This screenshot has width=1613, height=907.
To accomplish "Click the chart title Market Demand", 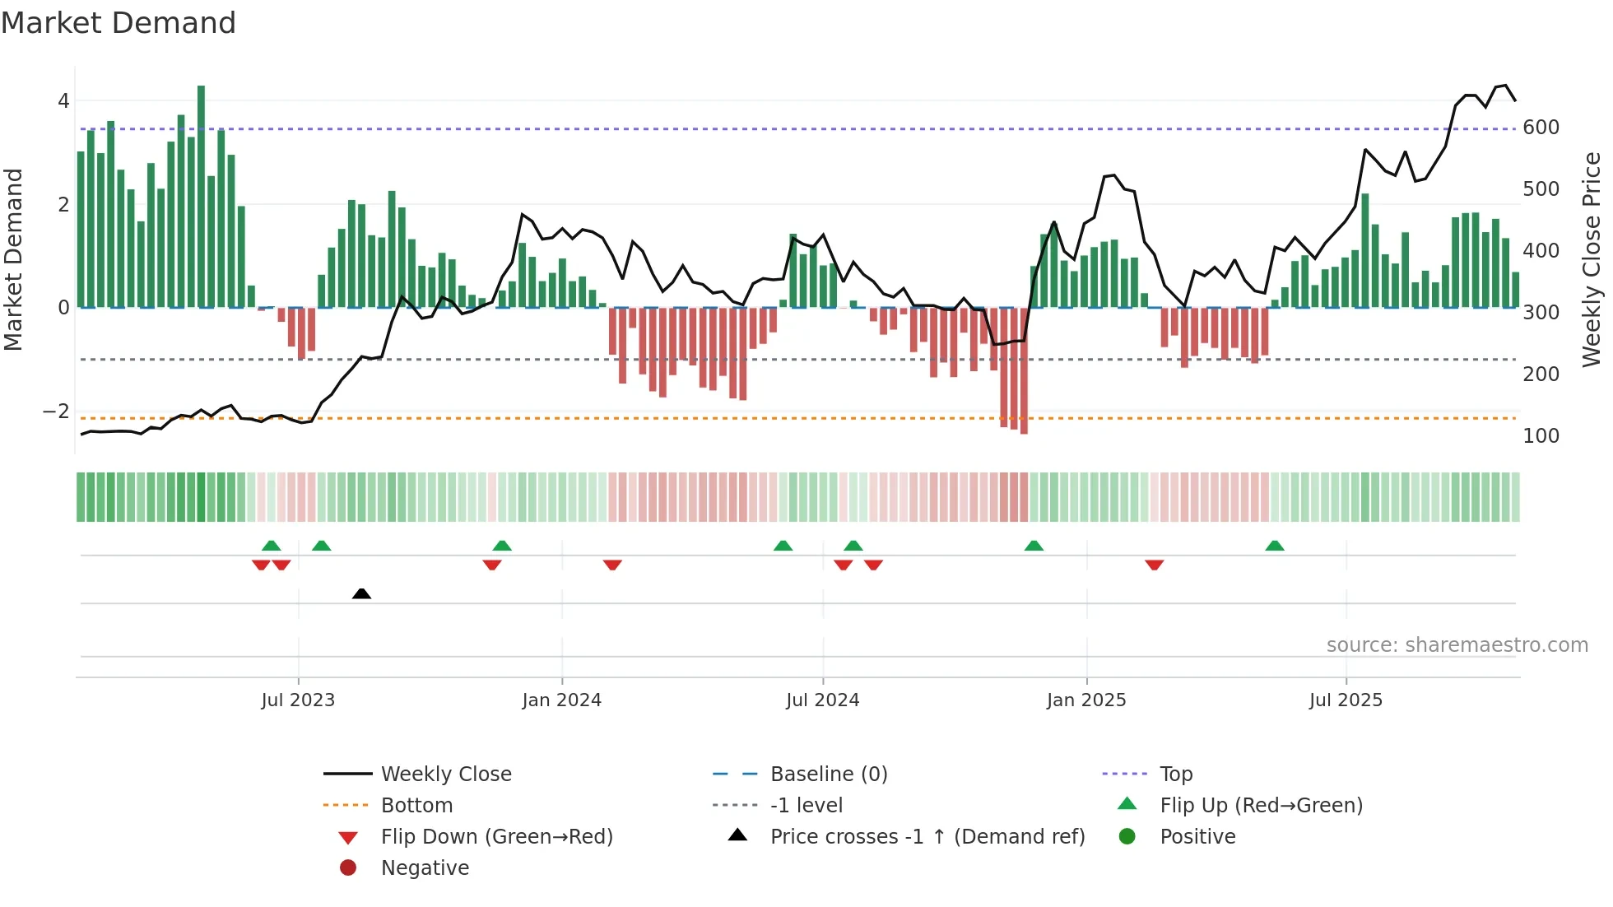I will pyautogui.click(x=119, y=23).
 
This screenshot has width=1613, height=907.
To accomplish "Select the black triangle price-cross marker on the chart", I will pyautogui.click(x=361, y=593).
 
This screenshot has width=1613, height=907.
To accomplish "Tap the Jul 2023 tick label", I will pyautogui.click(x=298, y=700).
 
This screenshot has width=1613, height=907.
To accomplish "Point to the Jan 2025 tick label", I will pyautogui.click(x=1086, y=700).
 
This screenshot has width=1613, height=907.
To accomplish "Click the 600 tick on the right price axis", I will pyautogui.click(x=1541, y=128).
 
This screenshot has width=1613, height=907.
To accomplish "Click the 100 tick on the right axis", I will pyautogui.click(x=1541, y=436).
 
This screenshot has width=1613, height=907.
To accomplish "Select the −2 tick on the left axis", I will pyautogui.click(x=56, y=411).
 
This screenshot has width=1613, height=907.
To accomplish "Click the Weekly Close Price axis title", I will pyautogui.click(x=1592, y=259).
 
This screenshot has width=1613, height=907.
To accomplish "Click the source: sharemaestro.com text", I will pyautogui.click(x=1457, y=645).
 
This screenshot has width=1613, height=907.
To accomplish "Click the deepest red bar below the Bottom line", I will pyautogui.click(x=1024, y=370).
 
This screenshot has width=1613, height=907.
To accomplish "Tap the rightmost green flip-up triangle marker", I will pyautogui.click(x=1275, y=546).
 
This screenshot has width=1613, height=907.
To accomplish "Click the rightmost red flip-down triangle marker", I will pyautogui.click(x=1154, y=565).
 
